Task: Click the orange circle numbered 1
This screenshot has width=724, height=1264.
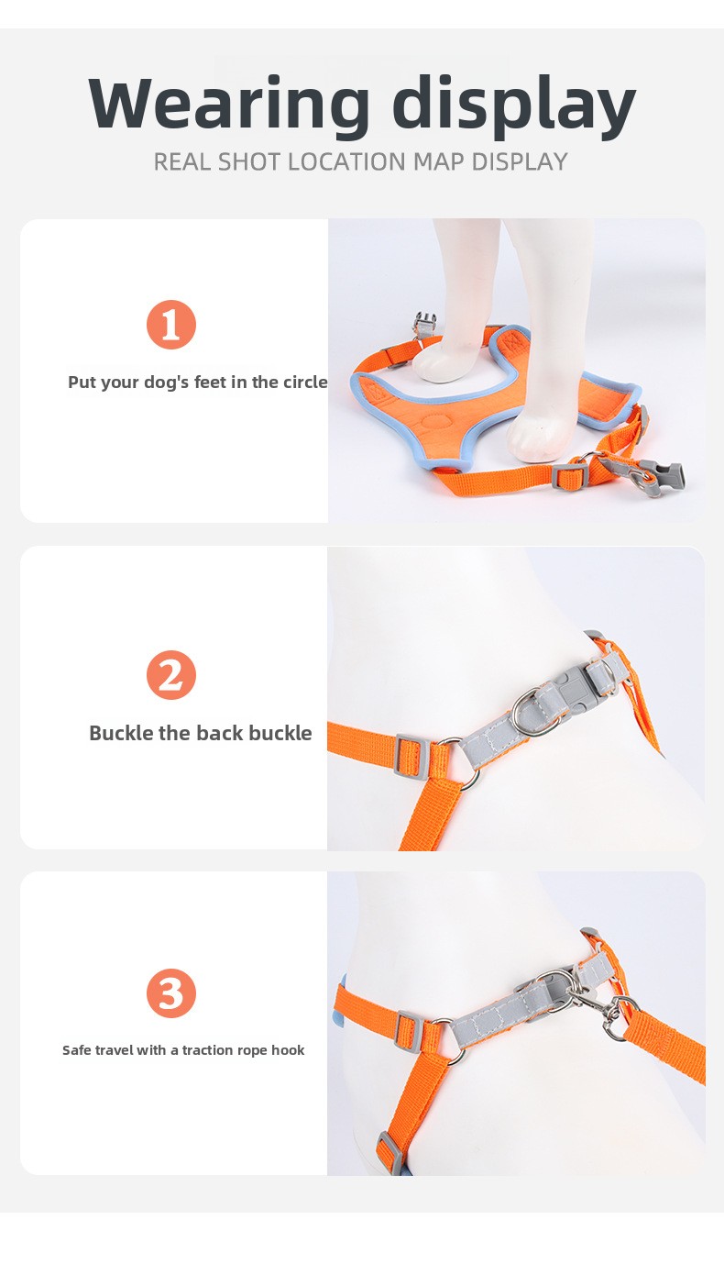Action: tap(171, 325)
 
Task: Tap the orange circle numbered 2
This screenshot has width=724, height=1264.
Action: tap(171, 675)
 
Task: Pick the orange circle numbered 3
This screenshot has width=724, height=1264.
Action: tap(171, 993)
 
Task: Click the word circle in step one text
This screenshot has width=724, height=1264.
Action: tap(305, 382)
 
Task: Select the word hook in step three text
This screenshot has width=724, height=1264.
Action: tap(288, 1050)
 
